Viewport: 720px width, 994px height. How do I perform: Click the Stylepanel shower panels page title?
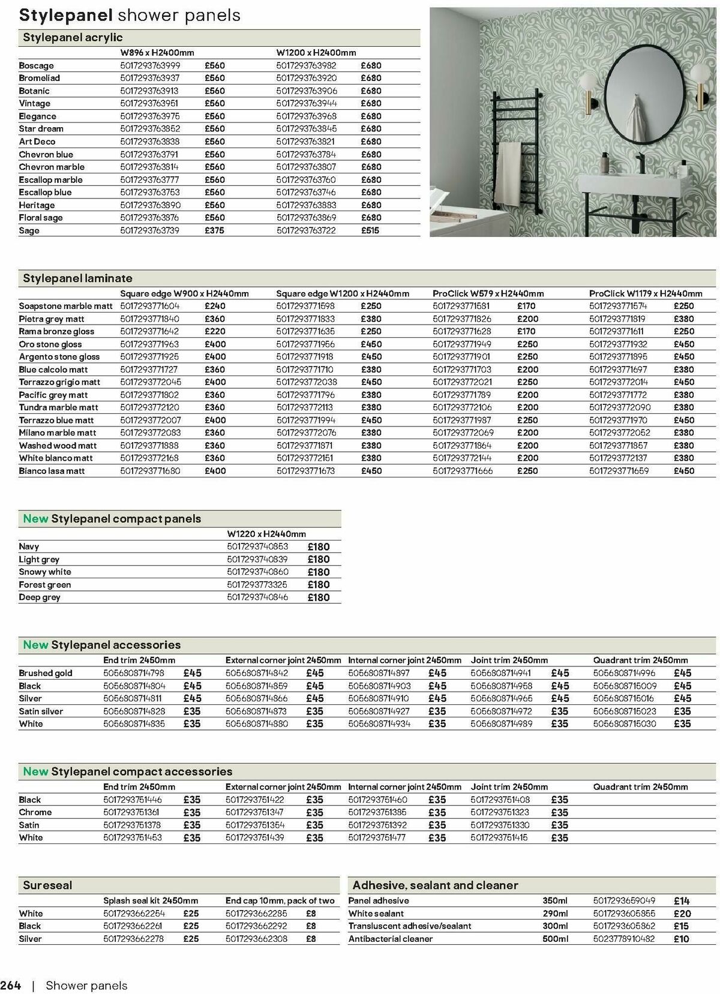(130, 16)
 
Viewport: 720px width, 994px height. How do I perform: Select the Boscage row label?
(36, 65)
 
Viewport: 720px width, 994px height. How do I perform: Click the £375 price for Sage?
(214, 230)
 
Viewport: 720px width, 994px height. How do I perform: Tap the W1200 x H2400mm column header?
(316, 53)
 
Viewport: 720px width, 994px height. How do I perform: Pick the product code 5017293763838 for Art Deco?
(149, 142)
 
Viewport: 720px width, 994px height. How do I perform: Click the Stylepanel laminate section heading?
(77, 278)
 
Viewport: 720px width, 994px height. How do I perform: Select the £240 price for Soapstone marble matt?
(214, 306)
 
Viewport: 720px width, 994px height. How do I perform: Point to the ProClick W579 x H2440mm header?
(488, 293)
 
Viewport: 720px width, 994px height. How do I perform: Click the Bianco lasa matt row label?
(52, 471)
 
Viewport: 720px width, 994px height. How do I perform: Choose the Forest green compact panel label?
(44, 585)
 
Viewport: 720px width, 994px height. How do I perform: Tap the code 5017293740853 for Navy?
(257, 546)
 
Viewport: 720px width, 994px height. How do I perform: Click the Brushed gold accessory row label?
(45, 673)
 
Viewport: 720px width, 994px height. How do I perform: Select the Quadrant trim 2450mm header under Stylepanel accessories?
(640, 660)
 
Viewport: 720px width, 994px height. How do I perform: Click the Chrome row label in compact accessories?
(35, 812)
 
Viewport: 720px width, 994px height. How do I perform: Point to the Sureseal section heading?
(47, 885)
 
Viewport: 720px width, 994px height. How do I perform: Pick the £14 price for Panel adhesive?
(682, 901)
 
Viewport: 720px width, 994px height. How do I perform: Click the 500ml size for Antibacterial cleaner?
(554, 939)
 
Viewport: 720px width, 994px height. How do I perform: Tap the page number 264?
(11, 986)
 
